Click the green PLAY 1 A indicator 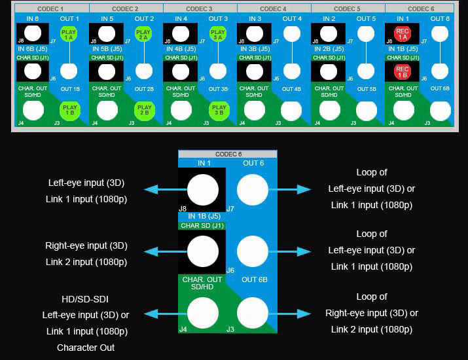pyautogui.click(x=68, y=34)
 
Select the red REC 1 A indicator pyautogui.click(x=402, y=34)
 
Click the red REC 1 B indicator pyautogui.click(x=402, y=70)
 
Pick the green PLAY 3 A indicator pyautogui.click(x=218, y=34)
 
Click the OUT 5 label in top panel pyautogui.click(x=367, y=19)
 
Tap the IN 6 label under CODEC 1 pyautogui.click(x=33, y=19)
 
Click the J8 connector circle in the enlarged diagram pyautogui.click(x=202, y=190)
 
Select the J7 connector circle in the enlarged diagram pyautogui.click(x=252, y=190)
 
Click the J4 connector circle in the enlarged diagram pyautogui.click(x=202, y=314)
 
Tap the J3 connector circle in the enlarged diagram pyautogui.click(x=252, y=314)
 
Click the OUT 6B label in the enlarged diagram pyautogui.click(x=254, y=280)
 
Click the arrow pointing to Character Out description pyautogui.click(x=161, y=314)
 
